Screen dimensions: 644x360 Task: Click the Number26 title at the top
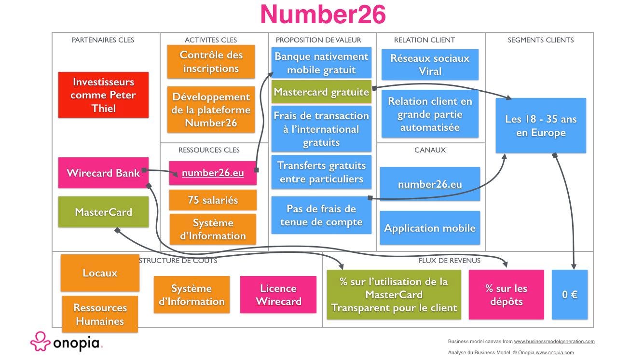(x=323, y=14)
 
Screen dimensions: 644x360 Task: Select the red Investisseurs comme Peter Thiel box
(x=104, y=95)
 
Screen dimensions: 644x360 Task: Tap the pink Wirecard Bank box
(x=104, y=173)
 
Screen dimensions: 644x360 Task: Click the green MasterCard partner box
(x=104, y=212)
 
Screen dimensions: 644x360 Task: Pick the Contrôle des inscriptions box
(x=211, y=62)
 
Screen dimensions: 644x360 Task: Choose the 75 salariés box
(x=213, y=200)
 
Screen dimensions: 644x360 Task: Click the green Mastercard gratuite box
(x=321, y=92)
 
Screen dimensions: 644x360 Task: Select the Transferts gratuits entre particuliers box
(x=321, y=172)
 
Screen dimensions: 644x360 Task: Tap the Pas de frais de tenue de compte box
(x=321, y=215)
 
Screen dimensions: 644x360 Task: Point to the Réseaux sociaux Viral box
(x=430, y=65)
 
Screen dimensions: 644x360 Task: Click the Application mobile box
(x=430, y=228)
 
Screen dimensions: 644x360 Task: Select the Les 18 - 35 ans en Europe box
(x=541, y=125)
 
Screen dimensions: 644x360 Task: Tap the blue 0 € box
(x=570, y=294)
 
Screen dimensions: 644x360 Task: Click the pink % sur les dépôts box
(x=507, y=294)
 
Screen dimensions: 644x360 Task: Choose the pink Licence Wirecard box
(x=278, y=294)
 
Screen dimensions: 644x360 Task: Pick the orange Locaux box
(x=100, y=273)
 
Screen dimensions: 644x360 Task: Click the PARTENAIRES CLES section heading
(x=103, y=40)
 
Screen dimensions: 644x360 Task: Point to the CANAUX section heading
(x=430, y=150)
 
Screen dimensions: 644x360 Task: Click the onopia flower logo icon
(x=40, y=341)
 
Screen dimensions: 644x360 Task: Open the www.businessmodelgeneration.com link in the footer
(x=554, y=341)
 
